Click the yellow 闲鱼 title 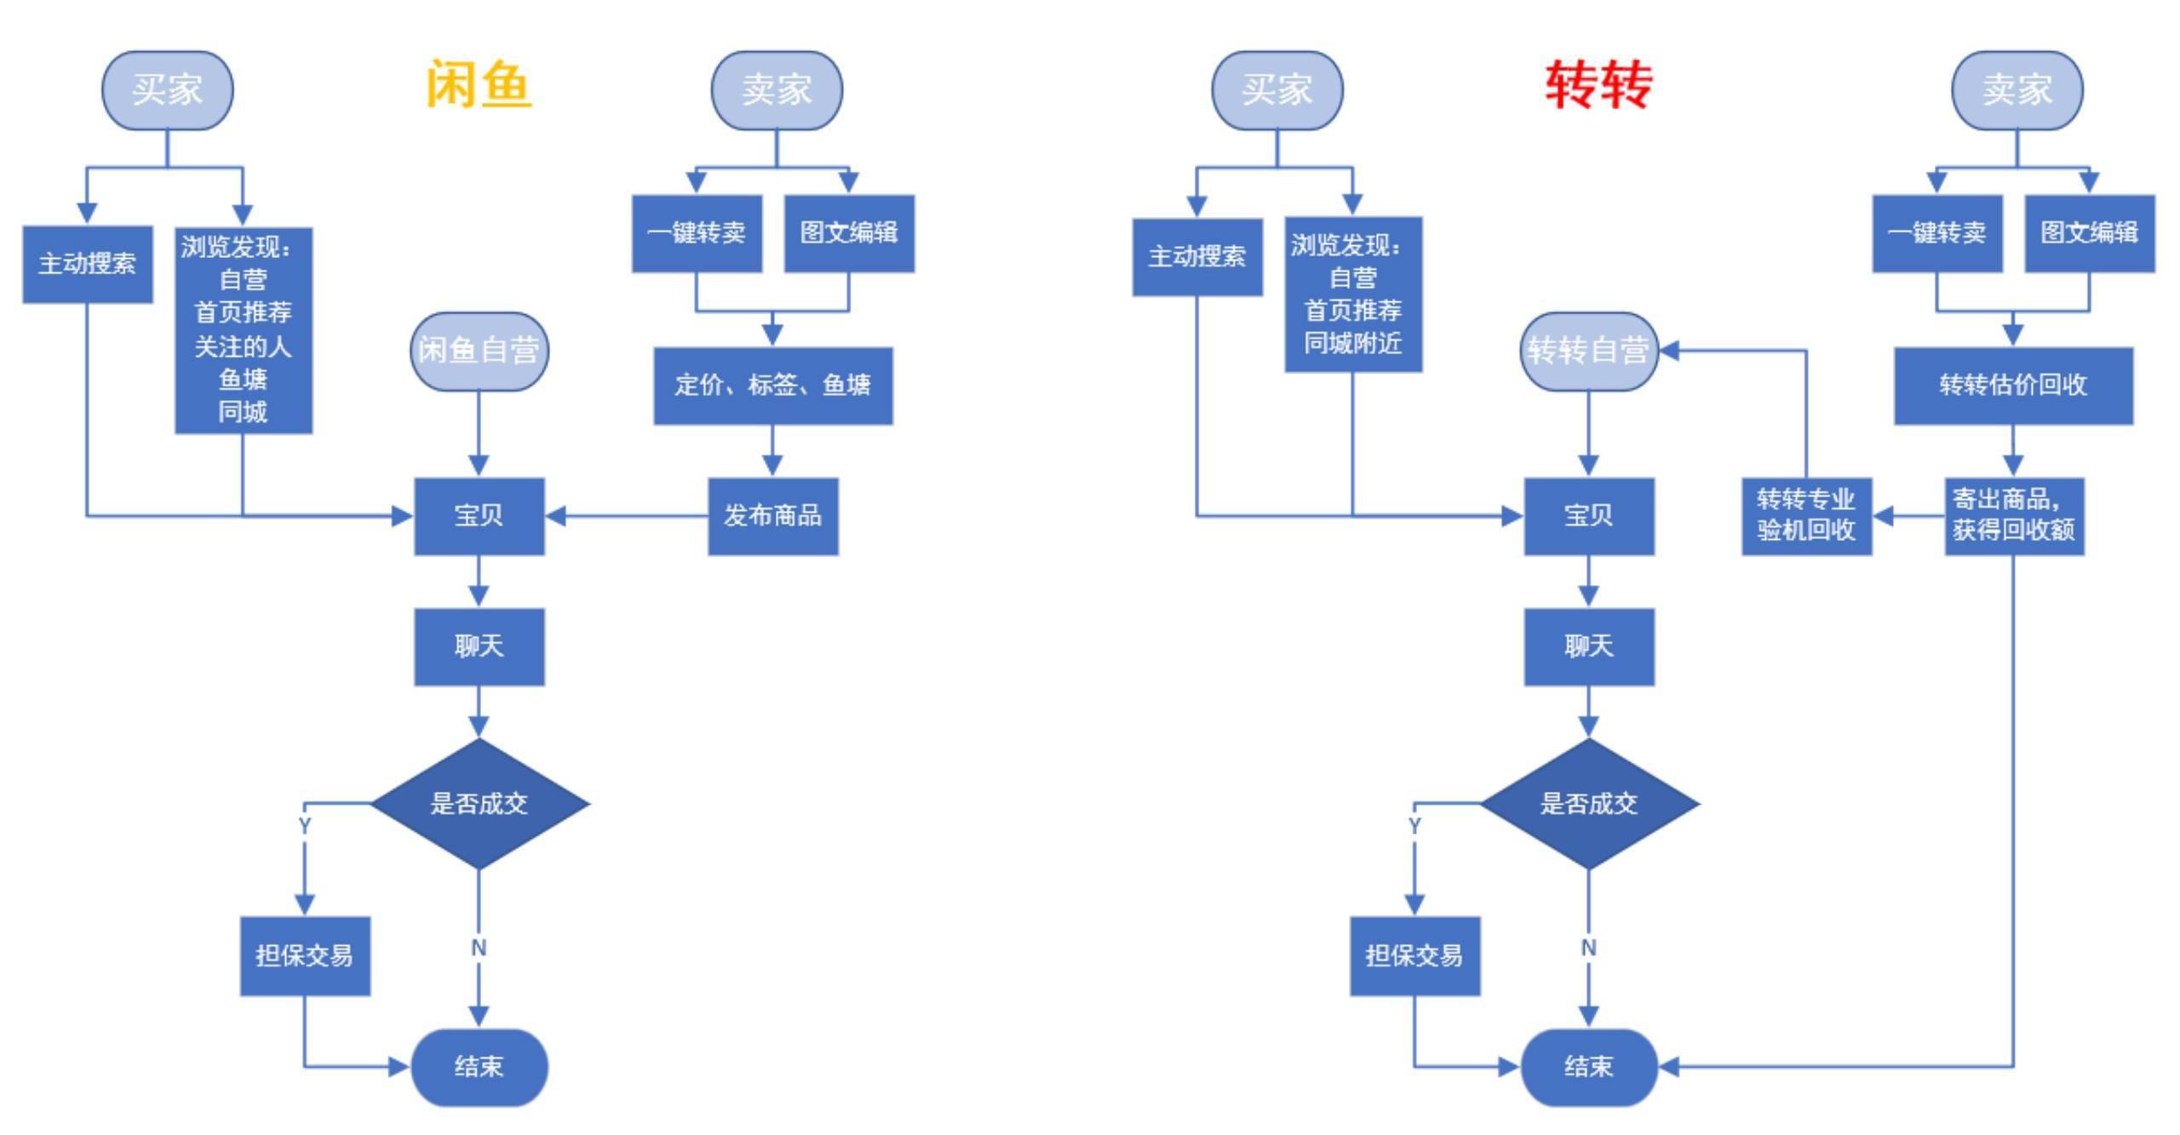click(x=478, y=85)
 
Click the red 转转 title click(x=1598, y=85)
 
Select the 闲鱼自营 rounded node click(x=479, y=351)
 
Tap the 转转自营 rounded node click(x=1588, y=351)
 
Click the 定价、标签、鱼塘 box click(x=772, y=386)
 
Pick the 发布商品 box click(x=772, y=516)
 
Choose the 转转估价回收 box click(x=2013, y=386)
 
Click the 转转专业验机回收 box click(x=1806, y=516)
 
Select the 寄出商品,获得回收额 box click(x=2014, y=516)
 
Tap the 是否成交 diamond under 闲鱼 click(x=479, y=804)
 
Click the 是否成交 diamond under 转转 click(x=1588, y=804)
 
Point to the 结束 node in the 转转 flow click(x=1588, y=1067)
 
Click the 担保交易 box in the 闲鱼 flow click(x=305, y=956)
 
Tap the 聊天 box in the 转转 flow click(x=1588, y=646)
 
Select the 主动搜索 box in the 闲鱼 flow click(x=87, y=264)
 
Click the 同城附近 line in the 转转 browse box click(x=1352, y=344)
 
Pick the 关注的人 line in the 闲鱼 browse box click(x=243, y=347)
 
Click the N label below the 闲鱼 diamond click(x=479, y=948)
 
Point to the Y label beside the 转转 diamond click(x=1414, y=826)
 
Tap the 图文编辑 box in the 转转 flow click(x=2089, y=233)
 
